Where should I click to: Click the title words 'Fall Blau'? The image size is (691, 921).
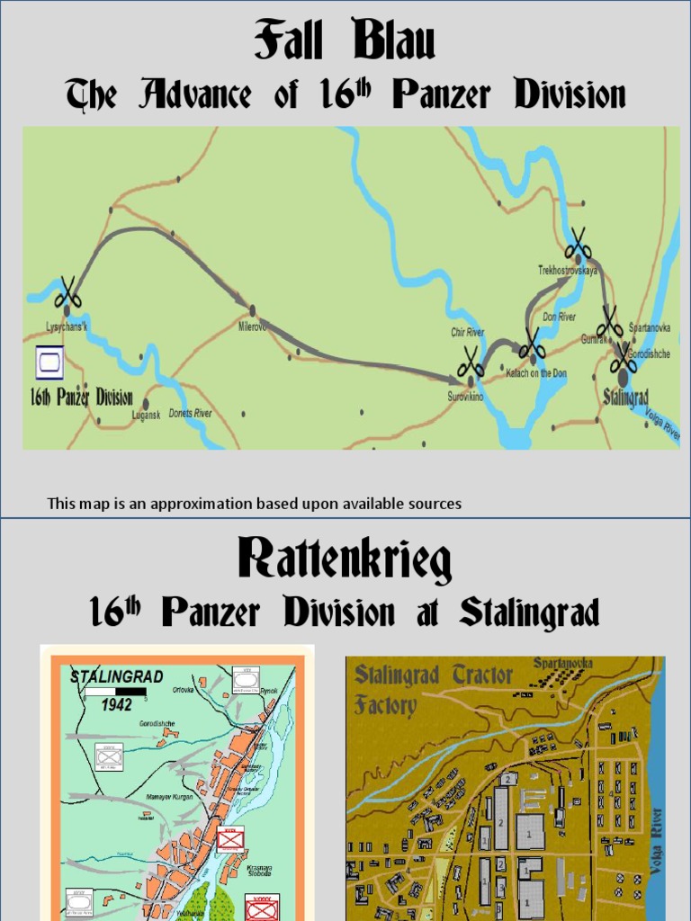tap(345, 41)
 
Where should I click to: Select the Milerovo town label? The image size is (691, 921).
tap(253, 326)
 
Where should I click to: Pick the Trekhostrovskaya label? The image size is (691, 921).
tap(569, 269)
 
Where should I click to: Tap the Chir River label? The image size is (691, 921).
tap(467, 333)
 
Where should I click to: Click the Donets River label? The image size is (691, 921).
tap(190, 414)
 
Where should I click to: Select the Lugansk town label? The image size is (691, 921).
tap(146, 415)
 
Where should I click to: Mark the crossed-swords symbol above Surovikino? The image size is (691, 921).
tap(470, 362)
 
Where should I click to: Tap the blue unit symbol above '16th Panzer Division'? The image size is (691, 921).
tap(49, 364)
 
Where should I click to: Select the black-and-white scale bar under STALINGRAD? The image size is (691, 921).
tap(115, 691)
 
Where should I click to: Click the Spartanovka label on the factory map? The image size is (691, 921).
tap(563, 663)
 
